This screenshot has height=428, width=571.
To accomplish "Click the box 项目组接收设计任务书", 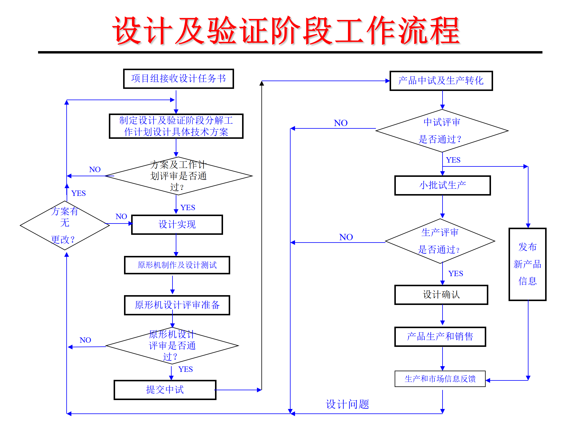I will [x=178, y=79].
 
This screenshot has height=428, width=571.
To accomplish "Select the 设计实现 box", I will [x=177, y=225].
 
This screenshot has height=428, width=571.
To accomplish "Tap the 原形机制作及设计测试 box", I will [x=177, y=265].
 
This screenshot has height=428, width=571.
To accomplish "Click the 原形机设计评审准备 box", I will [x=177, y=305].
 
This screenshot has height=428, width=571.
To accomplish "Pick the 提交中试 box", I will [x=165, y=390].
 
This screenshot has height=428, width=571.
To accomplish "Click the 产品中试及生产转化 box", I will [x=441, y=81].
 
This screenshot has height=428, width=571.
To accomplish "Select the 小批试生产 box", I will [x=443, y=185].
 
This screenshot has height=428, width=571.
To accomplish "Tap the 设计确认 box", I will [x=441, y=295].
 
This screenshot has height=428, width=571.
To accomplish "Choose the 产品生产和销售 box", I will [x=440, y=337].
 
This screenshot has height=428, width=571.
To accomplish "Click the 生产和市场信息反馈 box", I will [x=440, y=379].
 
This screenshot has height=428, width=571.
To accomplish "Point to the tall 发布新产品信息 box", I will [x=528, y=264].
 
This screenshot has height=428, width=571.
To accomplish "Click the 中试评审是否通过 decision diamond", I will [x=442, y=131].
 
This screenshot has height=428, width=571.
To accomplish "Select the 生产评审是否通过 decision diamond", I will [x=440, y=241].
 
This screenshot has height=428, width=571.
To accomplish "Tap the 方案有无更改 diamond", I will [x=65, y=225].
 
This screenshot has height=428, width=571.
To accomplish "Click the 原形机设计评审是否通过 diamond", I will [x=172, y=346].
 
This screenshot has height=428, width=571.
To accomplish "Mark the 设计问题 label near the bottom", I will [x=347, y=405].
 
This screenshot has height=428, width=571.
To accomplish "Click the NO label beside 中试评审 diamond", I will [x=341, y=123].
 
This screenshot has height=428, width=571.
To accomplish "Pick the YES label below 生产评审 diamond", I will [x=456, y=274].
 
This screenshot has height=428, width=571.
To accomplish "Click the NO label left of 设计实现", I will [x=121, y=217].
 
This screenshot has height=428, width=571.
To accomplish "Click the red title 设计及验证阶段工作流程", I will [x=286, y=31].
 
